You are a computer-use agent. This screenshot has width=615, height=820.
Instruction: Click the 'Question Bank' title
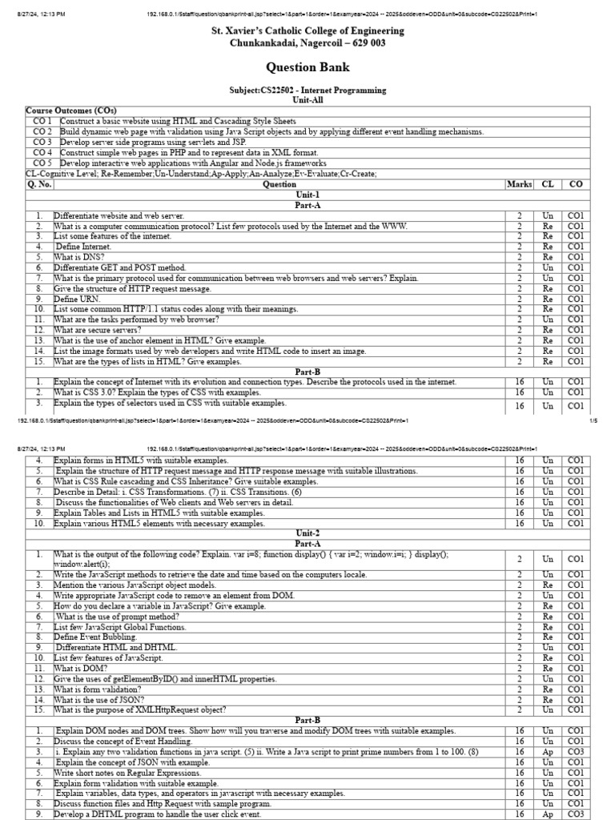(307, 68)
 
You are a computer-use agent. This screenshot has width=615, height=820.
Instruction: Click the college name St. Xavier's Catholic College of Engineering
(307, 30)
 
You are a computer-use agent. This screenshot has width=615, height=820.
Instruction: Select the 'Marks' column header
(519, 184)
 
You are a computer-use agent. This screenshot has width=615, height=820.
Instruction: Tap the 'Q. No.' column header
(39, 184)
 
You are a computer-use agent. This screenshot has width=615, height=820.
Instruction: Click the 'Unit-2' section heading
(307, 533)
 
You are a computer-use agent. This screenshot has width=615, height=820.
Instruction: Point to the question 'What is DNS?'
(78, 257)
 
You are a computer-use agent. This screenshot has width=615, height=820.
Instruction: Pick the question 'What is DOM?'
(76, 668)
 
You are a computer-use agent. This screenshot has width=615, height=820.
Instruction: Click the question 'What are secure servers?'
(97, 330)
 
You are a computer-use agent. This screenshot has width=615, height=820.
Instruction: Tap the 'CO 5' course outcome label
(42, 163)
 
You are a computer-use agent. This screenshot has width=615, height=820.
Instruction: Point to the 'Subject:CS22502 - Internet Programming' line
(307, 90)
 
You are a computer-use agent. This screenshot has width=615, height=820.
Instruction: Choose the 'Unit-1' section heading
(307, 195)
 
